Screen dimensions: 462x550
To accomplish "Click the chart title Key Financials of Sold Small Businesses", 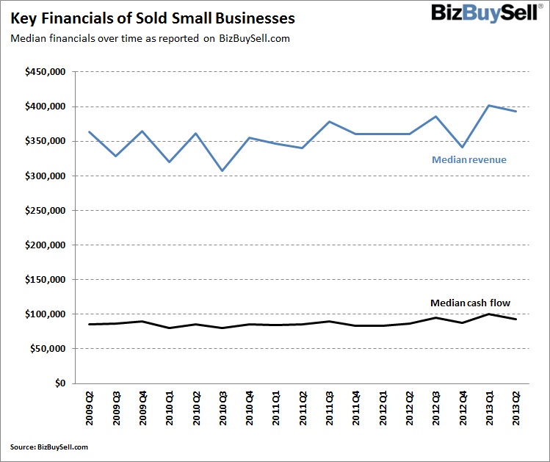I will click(x=153, y=18).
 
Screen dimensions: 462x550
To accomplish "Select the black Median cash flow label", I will click(x=469, y=303).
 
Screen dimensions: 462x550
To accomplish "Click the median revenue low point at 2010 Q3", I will click(x=222, y=170).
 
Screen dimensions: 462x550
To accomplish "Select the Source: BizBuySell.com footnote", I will click(x=49, y=447).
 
